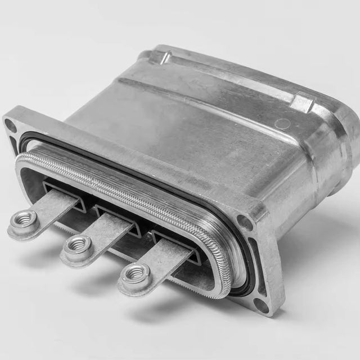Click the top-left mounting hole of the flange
tap(11, 125)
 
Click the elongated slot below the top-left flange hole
tap(14, 145)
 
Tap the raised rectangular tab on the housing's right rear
tap(303, 102)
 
